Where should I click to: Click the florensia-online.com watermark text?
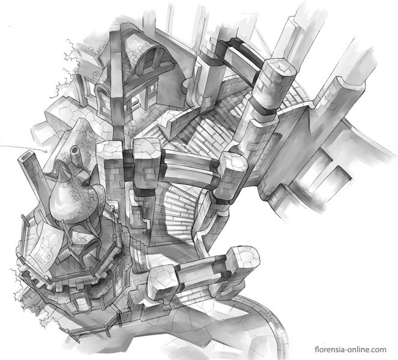tap(351, 349)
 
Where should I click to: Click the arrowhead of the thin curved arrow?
tap(46, 151)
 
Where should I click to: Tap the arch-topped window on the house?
tap(104, 101)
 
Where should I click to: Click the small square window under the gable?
tap(152, 88)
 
